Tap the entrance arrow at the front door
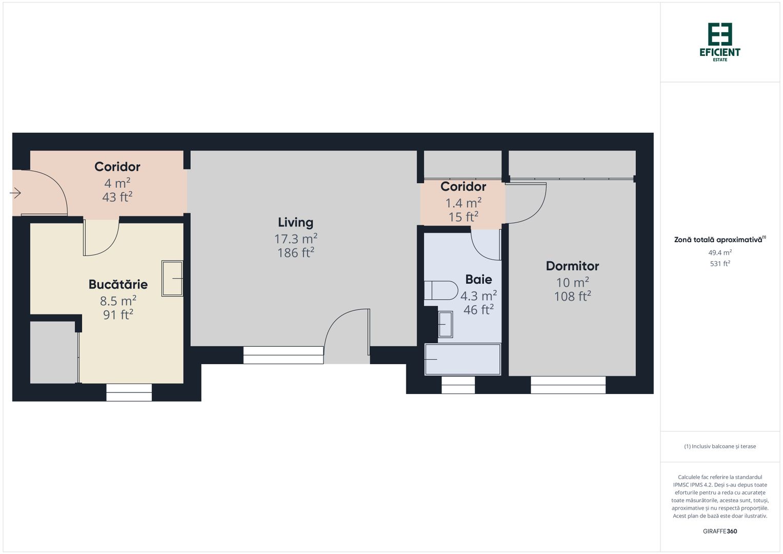15,193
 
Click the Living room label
295,222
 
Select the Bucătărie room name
118,284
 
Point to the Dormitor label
572,266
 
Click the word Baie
478,279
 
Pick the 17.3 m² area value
295,239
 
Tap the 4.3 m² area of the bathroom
478,295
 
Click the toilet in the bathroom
441,290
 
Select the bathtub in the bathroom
463,359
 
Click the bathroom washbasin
445,324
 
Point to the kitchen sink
172,279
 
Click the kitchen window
129,392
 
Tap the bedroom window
568,385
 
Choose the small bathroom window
458,385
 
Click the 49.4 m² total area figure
719,252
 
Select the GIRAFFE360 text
719,531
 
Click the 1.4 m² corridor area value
463,203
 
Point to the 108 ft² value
572,296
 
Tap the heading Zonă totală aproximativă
718,240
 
